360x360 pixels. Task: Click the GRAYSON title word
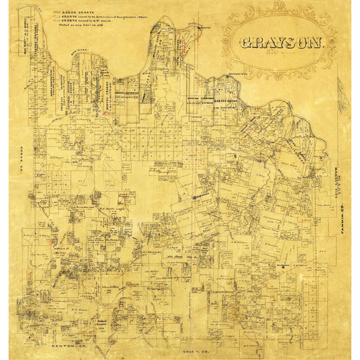[x=282, y=43]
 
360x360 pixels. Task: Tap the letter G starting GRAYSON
[x=246, y=43]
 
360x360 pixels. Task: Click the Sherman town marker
[x=201, y=197]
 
